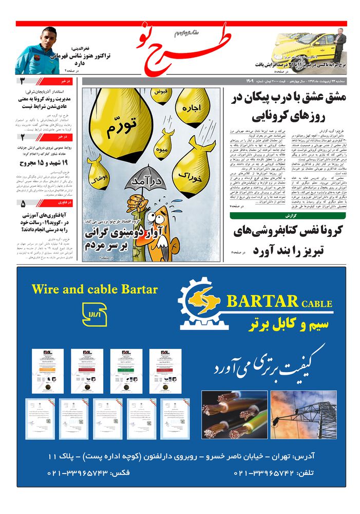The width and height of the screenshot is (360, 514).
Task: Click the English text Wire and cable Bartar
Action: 94,289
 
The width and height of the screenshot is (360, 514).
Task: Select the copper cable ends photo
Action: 234,414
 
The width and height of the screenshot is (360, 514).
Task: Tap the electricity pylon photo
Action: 304,414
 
